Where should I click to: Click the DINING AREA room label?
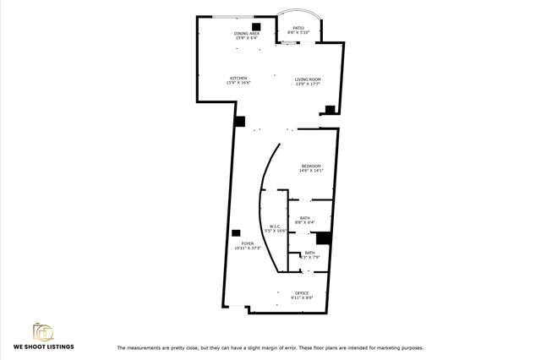coord(247,33)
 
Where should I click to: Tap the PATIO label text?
coord(298,28)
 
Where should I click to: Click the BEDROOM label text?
coord(311,165)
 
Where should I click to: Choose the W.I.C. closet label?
coord(275,226)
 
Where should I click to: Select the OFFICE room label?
coord(303,292)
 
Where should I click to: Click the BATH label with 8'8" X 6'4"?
coord(304,217)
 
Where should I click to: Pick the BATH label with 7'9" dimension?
coord(309,252)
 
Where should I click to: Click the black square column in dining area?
coord(255,26)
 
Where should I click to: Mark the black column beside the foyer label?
coord(236,233)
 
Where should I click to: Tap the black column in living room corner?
coord(330,108)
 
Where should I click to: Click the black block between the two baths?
coord(323,239)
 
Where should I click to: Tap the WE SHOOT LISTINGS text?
coord(43,346)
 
